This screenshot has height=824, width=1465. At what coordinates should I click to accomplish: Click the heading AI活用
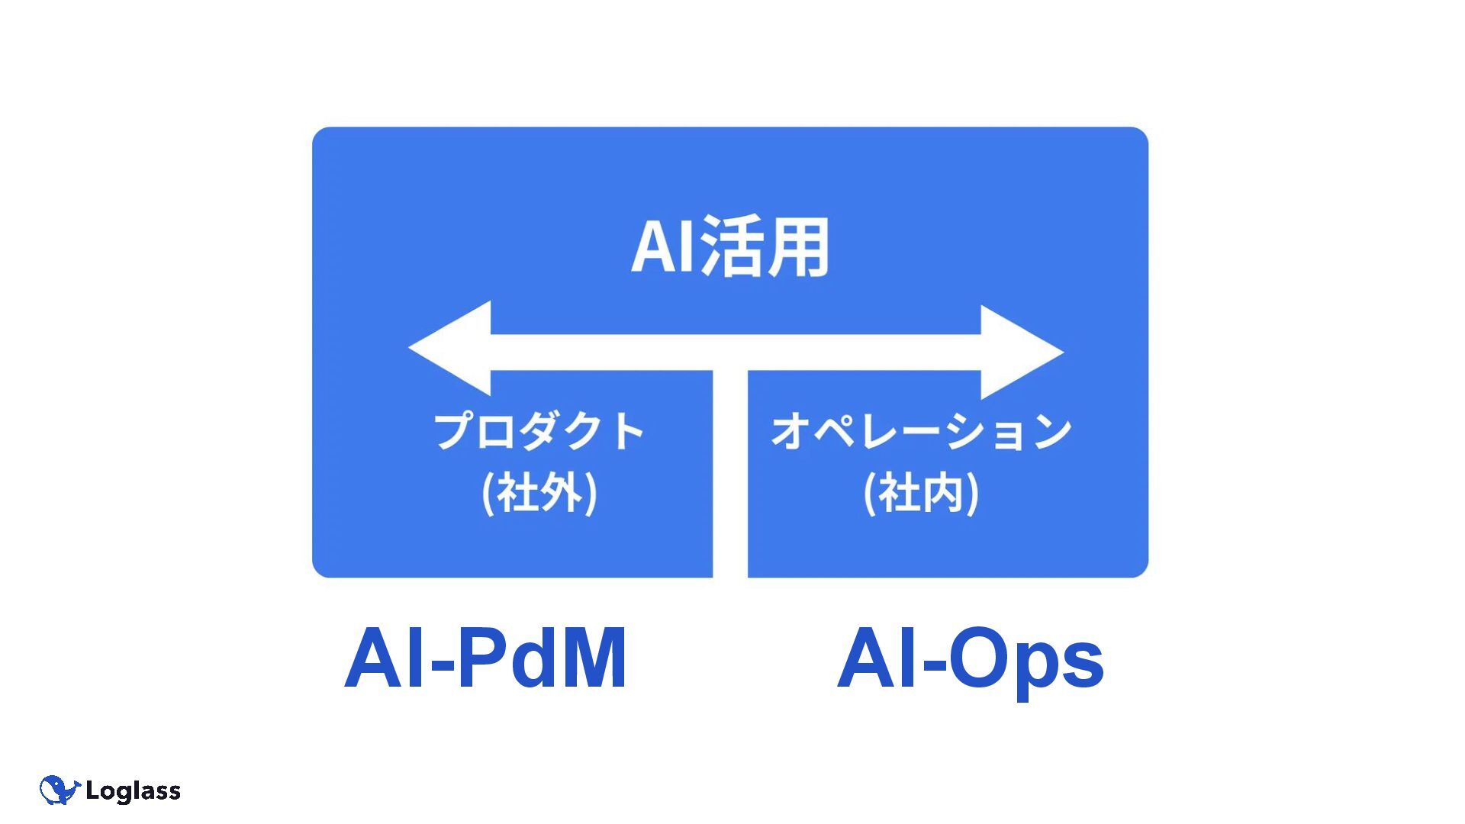coord(729,246)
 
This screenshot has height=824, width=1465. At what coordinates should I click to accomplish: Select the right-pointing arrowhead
coord(1019,352)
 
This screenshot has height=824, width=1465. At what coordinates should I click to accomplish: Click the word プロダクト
coord(539,431)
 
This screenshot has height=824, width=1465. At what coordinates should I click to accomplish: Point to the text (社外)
coord(539,494)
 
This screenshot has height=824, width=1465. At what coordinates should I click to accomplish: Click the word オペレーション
coord(921,431)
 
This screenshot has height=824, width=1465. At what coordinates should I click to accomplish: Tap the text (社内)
coord(921,494)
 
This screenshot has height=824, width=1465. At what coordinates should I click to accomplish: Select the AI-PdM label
coord(485,658)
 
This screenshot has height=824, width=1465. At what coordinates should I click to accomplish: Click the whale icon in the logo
coord(59,790)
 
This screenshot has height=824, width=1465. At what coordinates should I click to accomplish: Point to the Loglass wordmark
coord(133,791)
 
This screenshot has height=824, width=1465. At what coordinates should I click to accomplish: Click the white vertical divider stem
coord(730,473)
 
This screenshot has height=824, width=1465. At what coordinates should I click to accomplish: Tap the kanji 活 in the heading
coord(732,246)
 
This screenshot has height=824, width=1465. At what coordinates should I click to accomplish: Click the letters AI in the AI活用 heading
coord(663,246)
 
